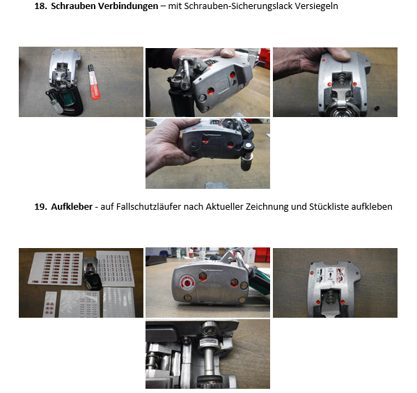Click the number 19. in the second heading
coord(41,207)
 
